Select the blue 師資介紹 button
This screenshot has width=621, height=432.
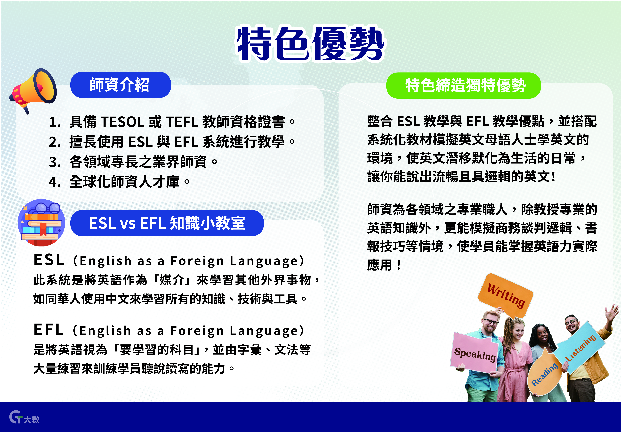pos(121,85)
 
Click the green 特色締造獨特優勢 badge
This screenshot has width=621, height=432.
pos(463,85)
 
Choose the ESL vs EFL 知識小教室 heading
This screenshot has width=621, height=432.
pos(167,223)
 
